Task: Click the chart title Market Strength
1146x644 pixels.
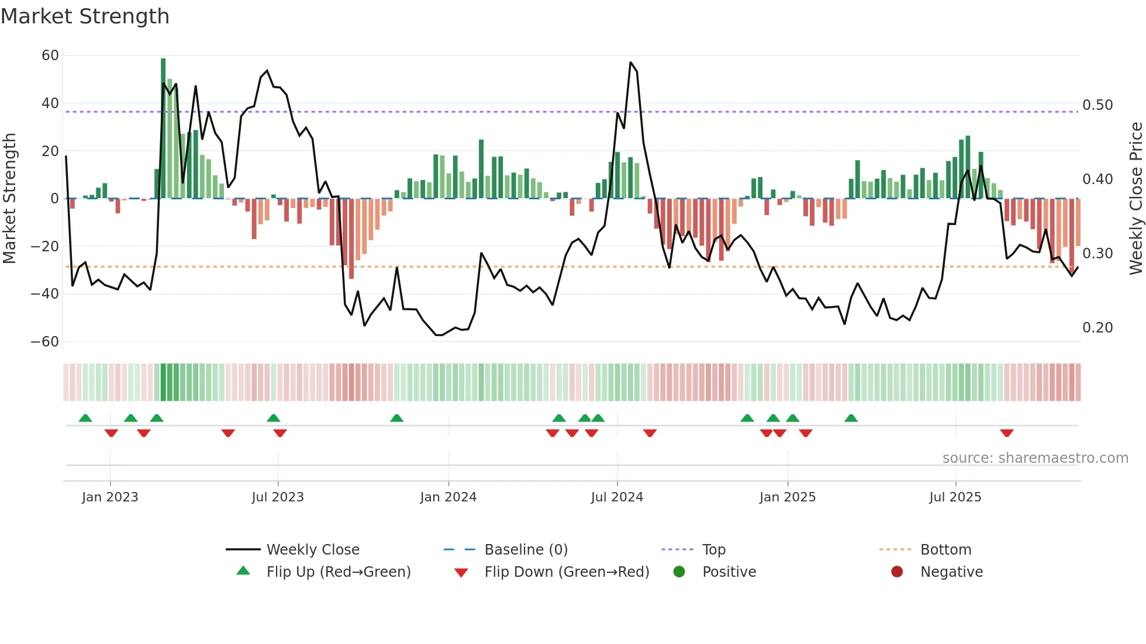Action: coord(85,16)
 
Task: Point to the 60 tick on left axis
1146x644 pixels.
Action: coord(50,56)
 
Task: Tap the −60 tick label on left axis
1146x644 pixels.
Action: coord(45,342)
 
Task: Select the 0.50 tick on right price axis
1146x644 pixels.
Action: coord(1097,105)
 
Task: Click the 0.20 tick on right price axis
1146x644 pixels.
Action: coord(1097,328)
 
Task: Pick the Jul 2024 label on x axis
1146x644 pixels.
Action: coord(617,497)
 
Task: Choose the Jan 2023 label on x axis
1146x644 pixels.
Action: coord(110,497)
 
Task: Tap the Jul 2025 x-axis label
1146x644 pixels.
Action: coord(955,497)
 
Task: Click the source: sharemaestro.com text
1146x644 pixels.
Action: coord(1035,458)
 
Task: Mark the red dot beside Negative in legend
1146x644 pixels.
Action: coord(897,572)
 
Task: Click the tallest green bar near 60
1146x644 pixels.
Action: coord(163,129)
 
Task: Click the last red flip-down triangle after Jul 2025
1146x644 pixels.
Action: coord(1006,433)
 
